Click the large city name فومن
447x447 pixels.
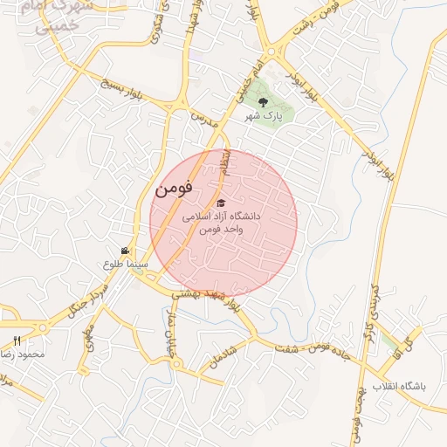173,188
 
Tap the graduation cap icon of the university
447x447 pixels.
220,203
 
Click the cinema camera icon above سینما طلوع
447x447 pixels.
126,251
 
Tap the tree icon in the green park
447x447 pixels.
264,102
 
